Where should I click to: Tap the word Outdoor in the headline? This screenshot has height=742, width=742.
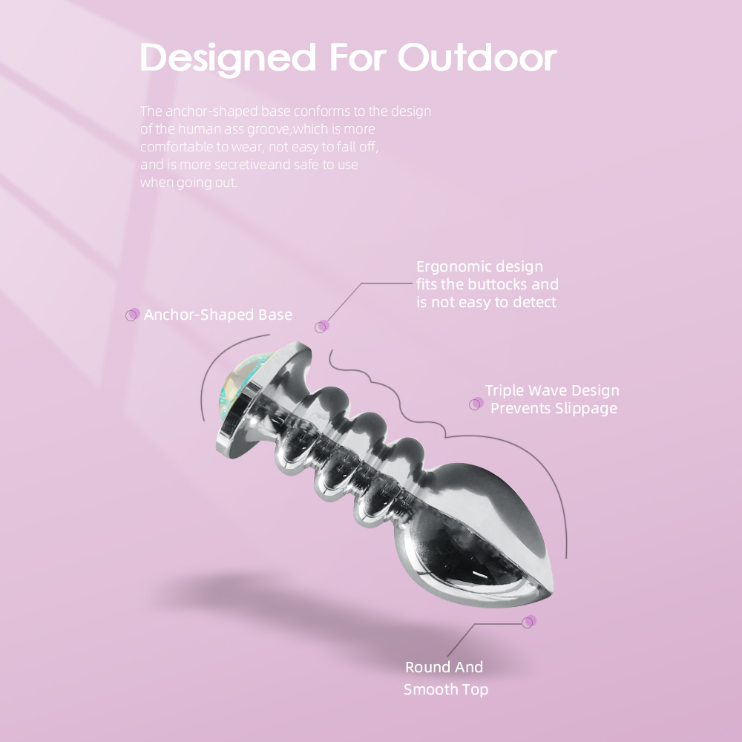pos(477,58)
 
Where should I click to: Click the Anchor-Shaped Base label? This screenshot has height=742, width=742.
pos(217,315)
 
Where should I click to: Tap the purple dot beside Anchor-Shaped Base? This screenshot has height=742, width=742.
pos(133,315)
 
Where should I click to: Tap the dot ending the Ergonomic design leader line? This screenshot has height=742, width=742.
pos(322,326)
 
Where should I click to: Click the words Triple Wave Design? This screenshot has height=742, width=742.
pos(552,390)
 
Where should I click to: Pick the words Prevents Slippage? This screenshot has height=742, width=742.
pos(554,408)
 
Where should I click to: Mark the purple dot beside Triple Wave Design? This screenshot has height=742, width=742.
pos(476,404)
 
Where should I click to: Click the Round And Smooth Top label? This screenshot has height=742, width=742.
pos(445,678)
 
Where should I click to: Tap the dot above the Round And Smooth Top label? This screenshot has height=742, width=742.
pos(529,622)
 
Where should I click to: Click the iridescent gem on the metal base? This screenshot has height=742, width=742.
pos(240,386)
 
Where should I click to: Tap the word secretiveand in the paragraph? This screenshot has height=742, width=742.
pos(252,165)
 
